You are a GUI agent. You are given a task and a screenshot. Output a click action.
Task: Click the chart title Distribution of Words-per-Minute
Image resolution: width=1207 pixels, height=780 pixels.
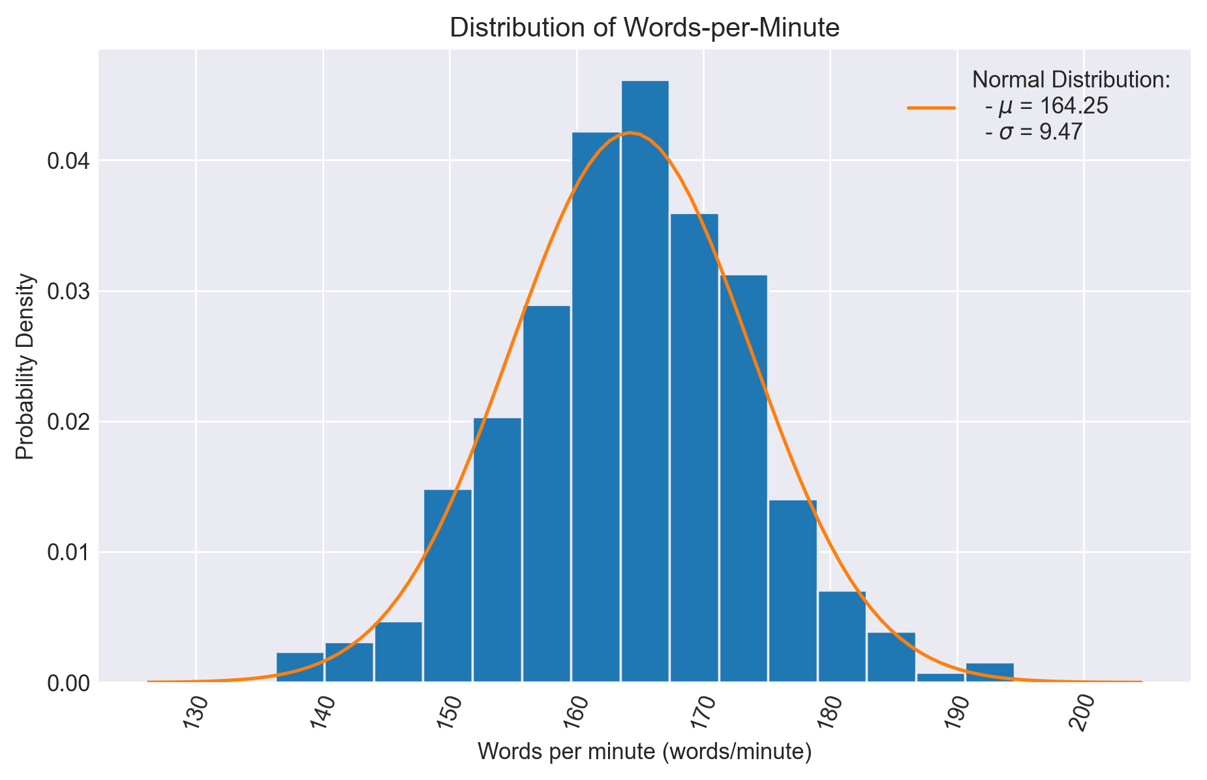click(x=644, y=28)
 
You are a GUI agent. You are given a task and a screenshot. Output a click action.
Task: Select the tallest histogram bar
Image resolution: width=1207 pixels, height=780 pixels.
click(x=645, y=382)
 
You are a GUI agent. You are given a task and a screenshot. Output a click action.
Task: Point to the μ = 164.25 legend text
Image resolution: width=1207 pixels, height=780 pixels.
click(x=1047, y=106)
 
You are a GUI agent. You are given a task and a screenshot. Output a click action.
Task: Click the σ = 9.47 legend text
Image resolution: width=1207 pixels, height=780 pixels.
click(x=1033, y=132)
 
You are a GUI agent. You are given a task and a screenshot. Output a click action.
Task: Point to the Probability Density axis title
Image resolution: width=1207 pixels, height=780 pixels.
click(x=25, y=366)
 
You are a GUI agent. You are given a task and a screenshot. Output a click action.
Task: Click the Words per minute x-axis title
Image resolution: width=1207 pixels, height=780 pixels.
click(x=644, y=752)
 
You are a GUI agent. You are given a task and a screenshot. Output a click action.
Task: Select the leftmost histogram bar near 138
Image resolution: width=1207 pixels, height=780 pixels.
click(x=300, y=668)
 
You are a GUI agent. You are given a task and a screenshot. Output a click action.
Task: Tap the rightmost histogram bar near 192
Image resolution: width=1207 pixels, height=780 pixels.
click(x=990, y=673)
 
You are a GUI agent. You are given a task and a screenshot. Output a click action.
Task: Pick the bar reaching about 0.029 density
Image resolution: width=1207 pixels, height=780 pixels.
click(x=546, y=494)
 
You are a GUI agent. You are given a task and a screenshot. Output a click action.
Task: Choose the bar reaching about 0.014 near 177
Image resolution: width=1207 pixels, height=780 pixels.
click(x=793, y=591)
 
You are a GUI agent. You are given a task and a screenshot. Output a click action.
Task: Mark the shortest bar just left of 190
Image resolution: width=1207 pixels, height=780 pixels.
click(x=940, y=678)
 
